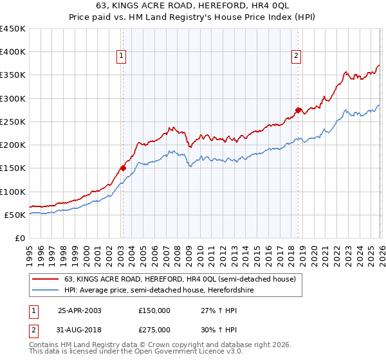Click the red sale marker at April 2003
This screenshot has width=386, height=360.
pyautogui.click(x=123, y=168)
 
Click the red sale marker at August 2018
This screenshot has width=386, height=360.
pyautogui.click(x=298, y=111)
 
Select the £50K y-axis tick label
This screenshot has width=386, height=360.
pyautogui.click(x=15, y=215)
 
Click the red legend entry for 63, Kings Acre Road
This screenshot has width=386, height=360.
pyautogui.click(x=179, y=279)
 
